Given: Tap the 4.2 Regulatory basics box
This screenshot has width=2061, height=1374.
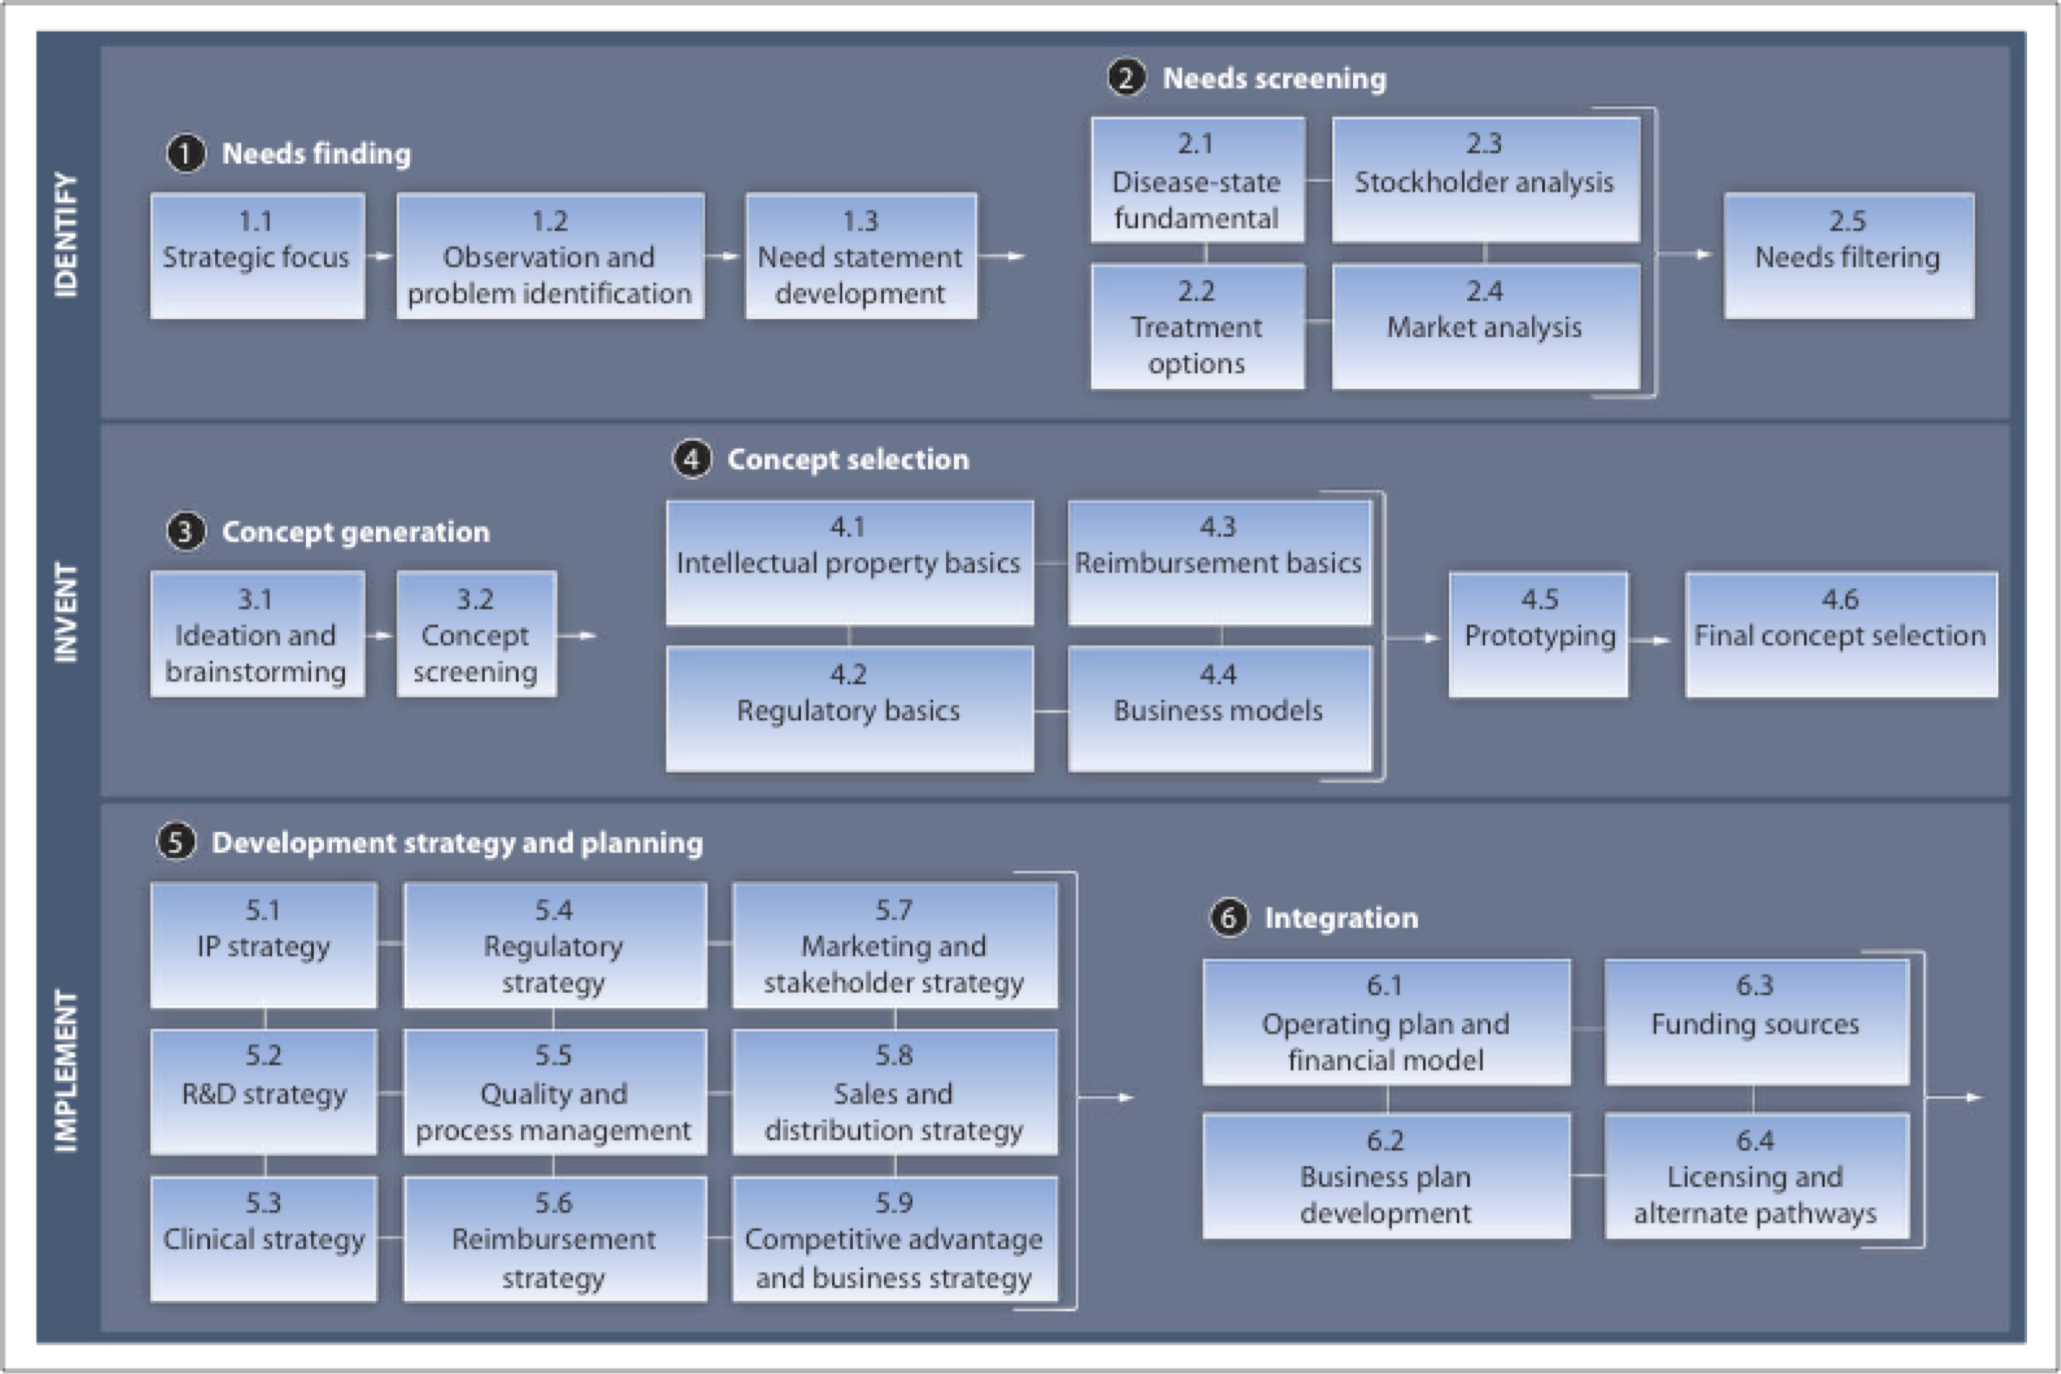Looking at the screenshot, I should point(848,709).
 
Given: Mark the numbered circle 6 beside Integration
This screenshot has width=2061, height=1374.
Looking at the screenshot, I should point(1229,918).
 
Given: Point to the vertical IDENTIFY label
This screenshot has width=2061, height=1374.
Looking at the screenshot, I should point(66,235).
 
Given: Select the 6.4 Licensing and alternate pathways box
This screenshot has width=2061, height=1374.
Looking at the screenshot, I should point(1755,1176).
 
